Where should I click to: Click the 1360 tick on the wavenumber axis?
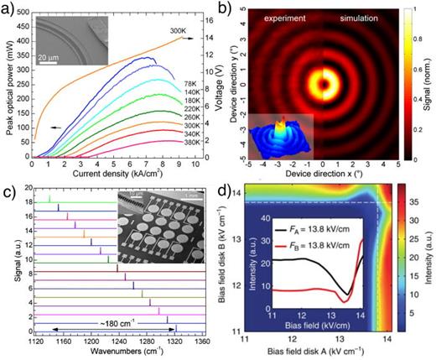point(203,342)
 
